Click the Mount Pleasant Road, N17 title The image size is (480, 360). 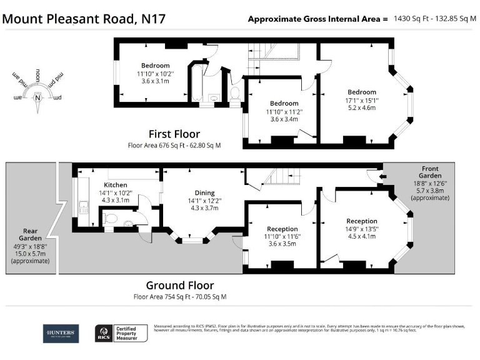point(84,18)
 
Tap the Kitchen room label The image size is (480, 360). point(116,185)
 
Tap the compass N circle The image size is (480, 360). point(38,97)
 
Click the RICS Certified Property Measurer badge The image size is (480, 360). point(121,334)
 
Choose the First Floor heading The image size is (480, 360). point(174,134)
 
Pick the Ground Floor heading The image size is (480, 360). point(179,286)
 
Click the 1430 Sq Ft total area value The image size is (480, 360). point(414,19)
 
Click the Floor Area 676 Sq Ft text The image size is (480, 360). point(174,146)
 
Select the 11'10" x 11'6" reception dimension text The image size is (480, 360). point(282,237)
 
